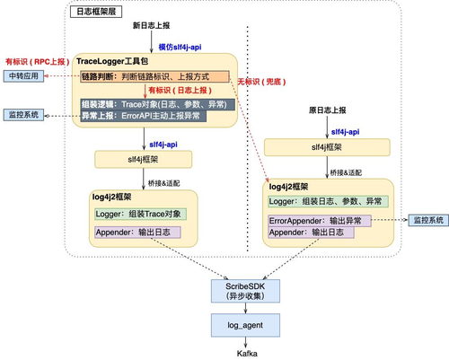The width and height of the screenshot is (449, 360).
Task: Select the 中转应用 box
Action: pyautogui.click(x=25, y=76)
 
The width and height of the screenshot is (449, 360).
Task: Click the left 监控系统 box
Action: pyautogui.click(x=25, y=116)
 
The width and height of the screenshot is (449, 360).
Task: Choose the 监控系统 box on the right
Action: pyautogui.click(x=427, y=219)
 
